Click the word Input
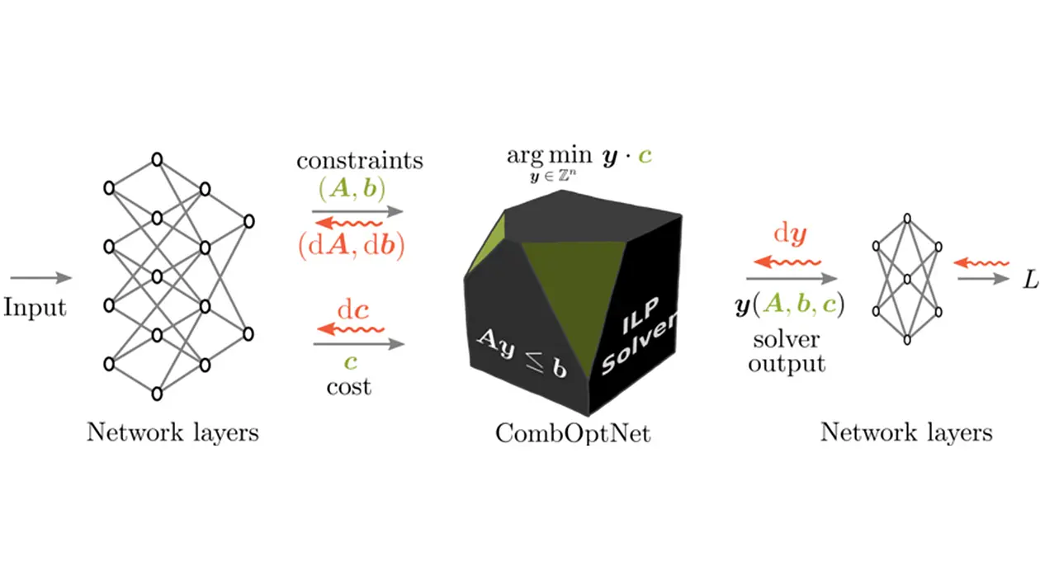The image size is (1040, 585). coord(35,308)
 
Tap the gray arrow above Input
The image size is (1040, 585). coord(41,277)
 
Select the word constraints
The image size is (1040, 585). coord(360,161)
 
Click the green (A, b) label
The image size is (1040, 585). coord(352,189)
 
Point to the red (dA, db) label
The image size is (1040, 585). coord(352,245)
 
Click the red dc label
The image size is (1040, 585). coord(353,309)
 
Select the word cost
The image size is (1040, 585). coord(348,387)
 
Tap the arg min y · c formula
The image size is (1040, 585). coord(579,163)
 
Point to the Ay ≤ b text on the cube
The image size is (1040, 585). coord(522,352)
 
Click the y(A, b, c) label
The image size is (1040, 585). coord(790,305)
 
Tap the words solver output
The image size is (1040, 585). coord(787,352)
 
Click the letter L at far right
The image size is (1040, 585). coord(1031,280)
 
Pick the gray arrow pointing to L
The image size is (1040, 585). coord(983,279)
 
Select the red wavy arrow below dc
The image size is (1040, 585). coord(351,329)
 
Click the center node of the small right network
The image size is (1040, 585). coord(907,279)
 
